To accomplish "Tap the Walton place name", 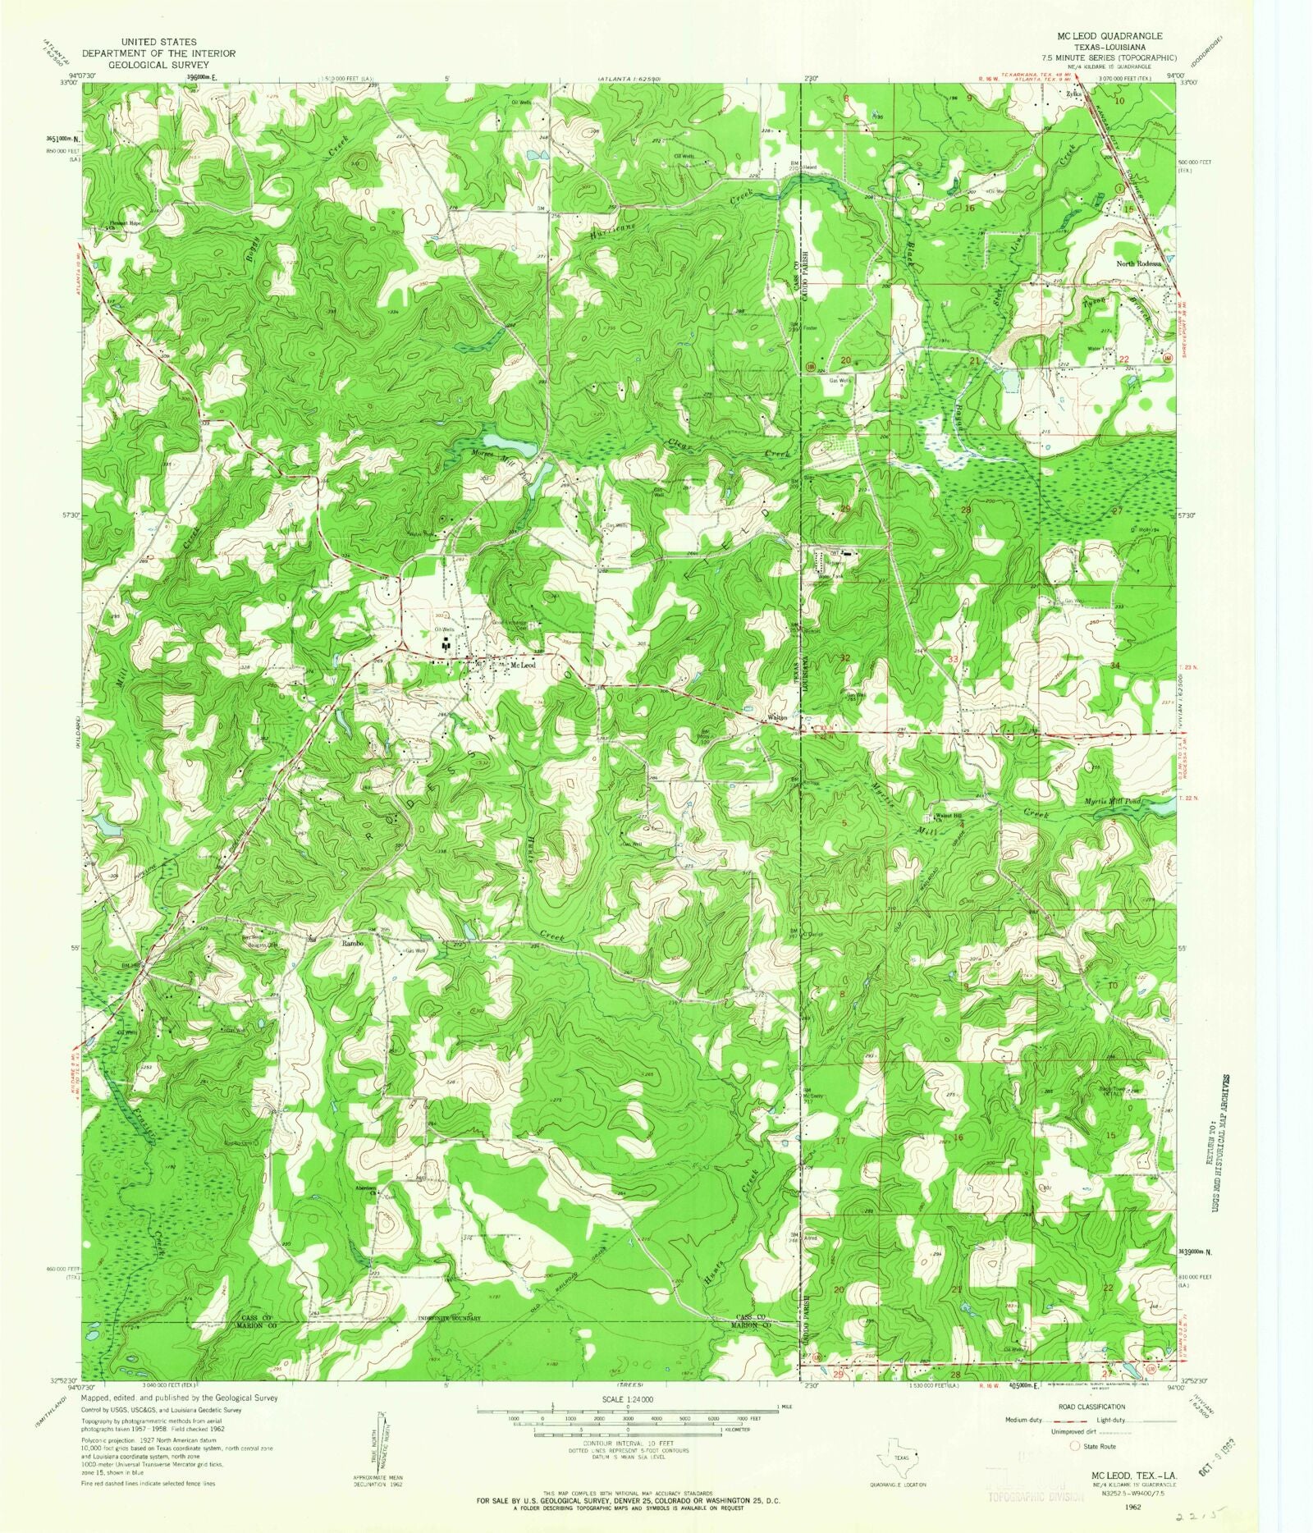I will (x=776, y=717).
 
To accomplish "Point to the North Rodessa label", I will (x=1138, y=264).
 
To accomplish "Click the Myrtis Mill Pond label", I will (x=1112, y=801).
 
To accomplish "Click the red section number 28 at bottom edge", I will (x=954, y=1374).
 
